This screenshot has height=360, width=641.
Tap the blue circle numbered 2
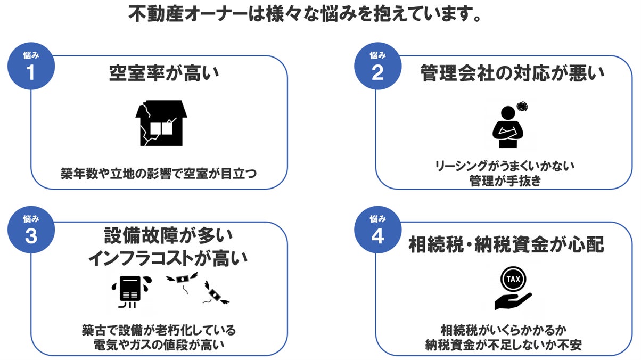(377, 68)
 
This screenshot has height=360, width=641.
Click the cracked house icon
(161, 123)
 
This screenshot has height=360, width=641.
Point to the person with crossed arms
(508, 128)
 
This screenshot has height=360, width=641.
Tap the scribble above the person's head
(522, 106)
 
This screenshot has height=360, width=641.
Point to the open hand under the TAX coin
(512, 301)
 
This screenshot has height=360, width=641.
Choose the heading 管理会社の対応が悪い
(512, 73)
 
